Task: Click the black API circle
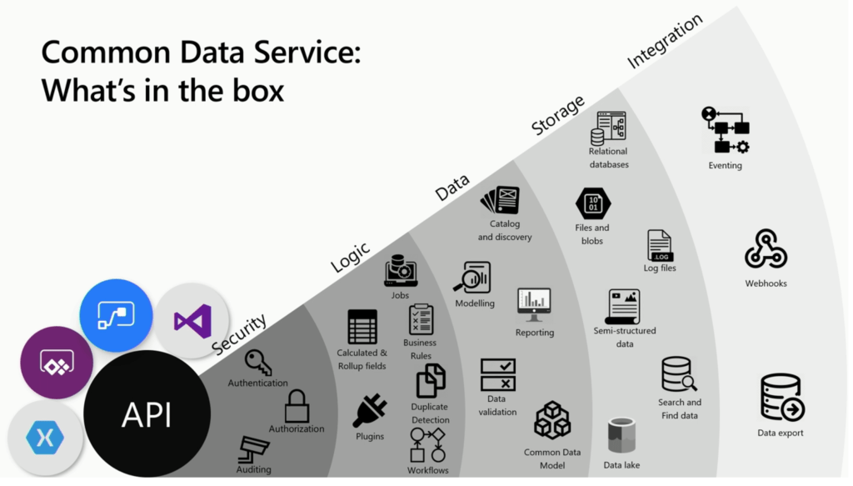(x=147, y=413)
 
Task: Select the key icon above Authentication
(x=257, y=363)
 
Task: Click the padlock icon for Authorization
(x=297, y=407)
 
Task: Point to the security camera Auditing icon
(x=253, y=449)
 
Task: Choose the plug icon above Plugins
(x=369, y=411)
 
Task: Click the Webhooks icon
(x=766, y=249)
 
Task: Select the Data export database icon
(x=781, y=398)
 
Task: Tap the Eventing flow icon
(x=725, y=131)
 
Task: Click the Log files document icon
(x=660, y=246)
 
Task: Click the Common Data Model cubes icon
(x=551, y=420)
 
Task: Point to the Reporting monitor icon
(x=534, y=305)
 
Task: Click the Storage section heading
(x=558, y=115)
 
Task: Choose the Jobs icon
(x=401, y=271)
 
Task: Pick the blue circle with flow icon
(x=116, y=315)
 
